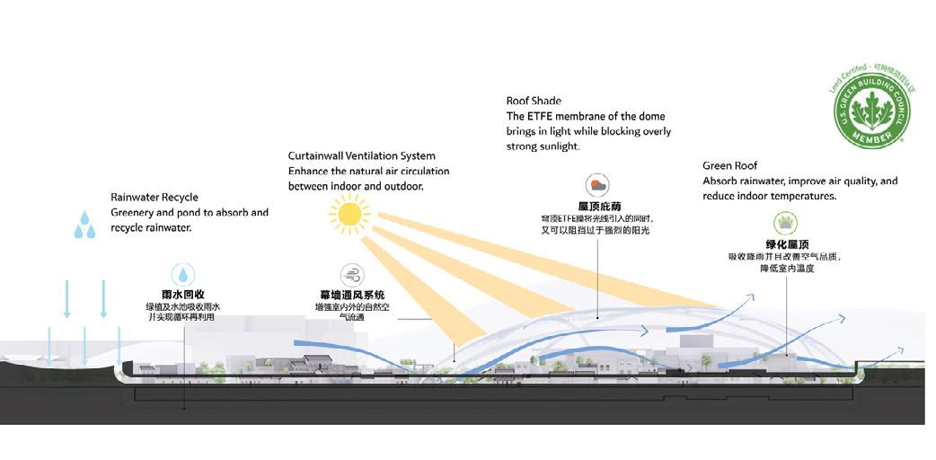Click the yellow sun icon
[349, 216]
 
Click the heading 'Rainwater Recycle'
[155, 198]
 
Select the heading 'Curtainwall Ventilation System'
[362, 156]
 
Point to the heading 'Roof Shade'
[534, 102]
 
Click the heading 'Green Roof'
[730, 166]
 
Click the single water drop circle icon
[183, 274]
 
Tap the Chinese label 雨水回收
[183, 295]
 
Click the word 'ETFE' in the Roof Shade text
[543, 117]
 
